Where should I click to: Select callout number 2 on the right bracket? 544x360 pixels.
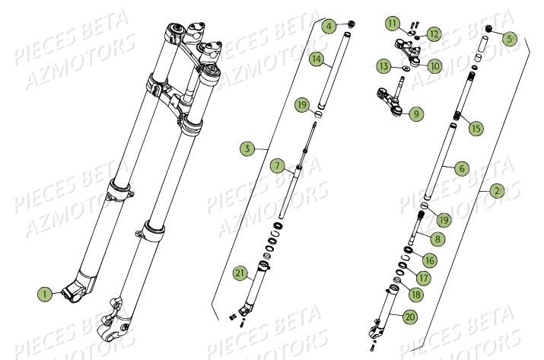tap(496, 191)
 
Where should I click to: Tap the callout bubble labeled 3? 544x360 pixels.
tap(245, 149)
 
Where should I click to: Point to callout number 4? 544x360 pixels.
tap(328, 25)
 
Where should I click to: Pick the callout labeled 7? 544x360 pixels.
tap(277, 165)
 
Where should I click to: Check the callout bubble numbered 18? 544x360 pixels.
tap(415, 294)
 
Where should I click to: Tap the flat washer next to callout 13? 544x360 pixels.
tap(402, 69)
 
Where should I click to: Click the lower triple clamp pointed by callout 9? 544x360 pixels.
tap(391, 103)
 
